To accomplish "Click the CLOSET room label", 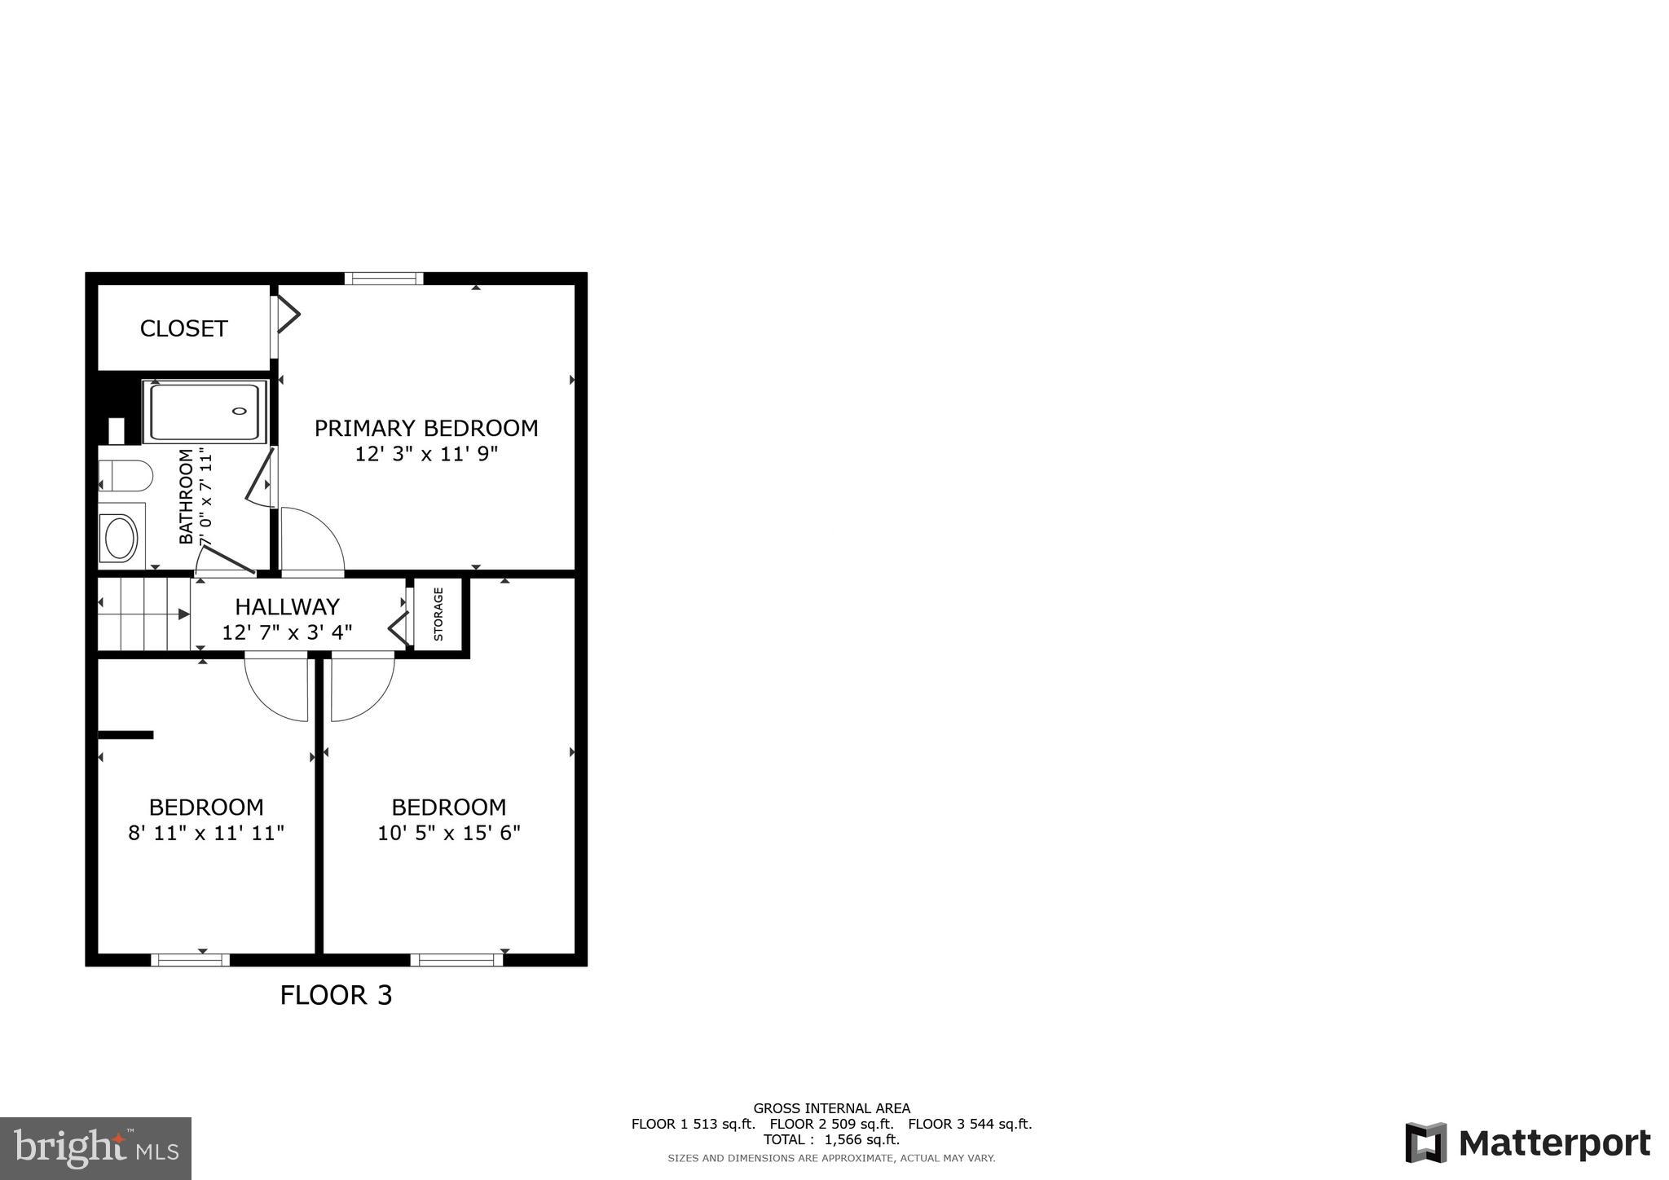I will click(x=183, y=328).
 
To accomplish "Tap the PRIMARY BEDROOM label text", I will click(x=426, y=428).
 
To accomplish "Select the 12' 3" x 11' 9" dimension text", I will click(x=426, y=454).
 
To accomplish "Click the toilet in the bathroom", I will click(x=126, y=476).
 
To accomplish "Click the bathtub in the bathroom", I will click(x=205, y=412).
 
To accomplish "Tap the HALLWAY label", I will click(x=287, y=606).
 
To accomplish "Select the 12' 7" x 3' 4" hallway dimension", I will click(x=287, y=632).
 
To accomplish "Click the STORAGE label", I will click(x=438, y=614).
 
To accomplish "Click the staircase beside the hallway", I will click(x=144, y=614).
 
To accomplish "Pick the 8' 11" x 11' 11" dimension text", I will click(x=206, y=833).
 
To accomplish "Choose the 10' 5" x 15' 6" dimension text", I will click(x=449, y=833).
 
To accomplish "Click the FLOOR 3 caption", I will click(x=336, y=995).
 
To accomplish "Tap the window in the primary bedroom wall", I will click(x=384, y=279).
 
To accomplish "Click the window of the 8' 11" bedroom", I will click(x=190, y=960).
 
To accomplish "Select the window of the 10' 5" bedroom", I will click(x=456, y=960).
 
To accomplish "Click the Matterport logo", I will click(x=1527, y=1143).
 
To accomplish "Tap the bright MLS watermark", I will click(x=96, y=1149).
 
